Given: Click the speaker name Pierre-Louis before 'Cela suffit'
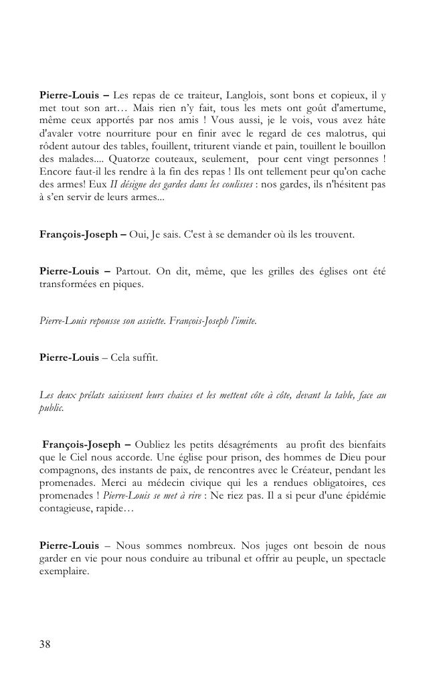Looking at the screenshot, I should [x=68, y=357].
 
